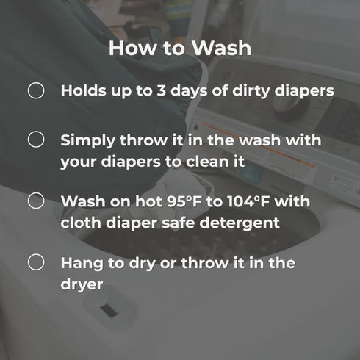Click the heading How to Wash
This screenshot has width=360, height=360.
click(x=180, y=48)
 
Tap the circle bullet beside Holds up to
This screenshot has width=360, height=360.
click(x=36, y=90)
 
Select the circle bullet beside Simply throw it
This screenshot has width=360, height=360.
click(x=36, y=139)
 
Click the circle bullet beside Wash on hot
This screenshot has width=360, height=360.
click(x=36, y=201)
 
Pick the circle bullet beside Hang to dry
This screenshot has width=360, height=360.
click(x=36, y=262)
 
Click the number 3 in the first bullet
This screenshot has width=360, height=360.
click(x=162, y=90)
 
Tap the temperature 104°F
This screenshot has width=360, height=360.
click(x=248, y=201)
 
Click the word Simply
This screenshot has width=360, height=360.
click(x=87, y=141)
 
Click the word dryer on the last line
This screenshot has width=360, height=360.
click(x=82, y=285)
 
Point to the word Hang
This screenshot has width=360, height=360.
click(x=82, y=264)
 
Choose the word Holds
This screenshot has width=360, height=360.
click(x=84, y=90)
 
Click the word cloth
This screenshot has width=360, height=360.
click(x=81, y=223)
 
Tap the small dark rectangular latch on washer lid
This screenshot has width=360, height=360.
click(x=109, y=311)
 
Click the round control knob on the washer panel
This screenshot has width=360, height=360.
click(x=288, y=105)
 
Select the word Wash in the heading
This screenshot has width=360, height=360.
click(x=222, y=48)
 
